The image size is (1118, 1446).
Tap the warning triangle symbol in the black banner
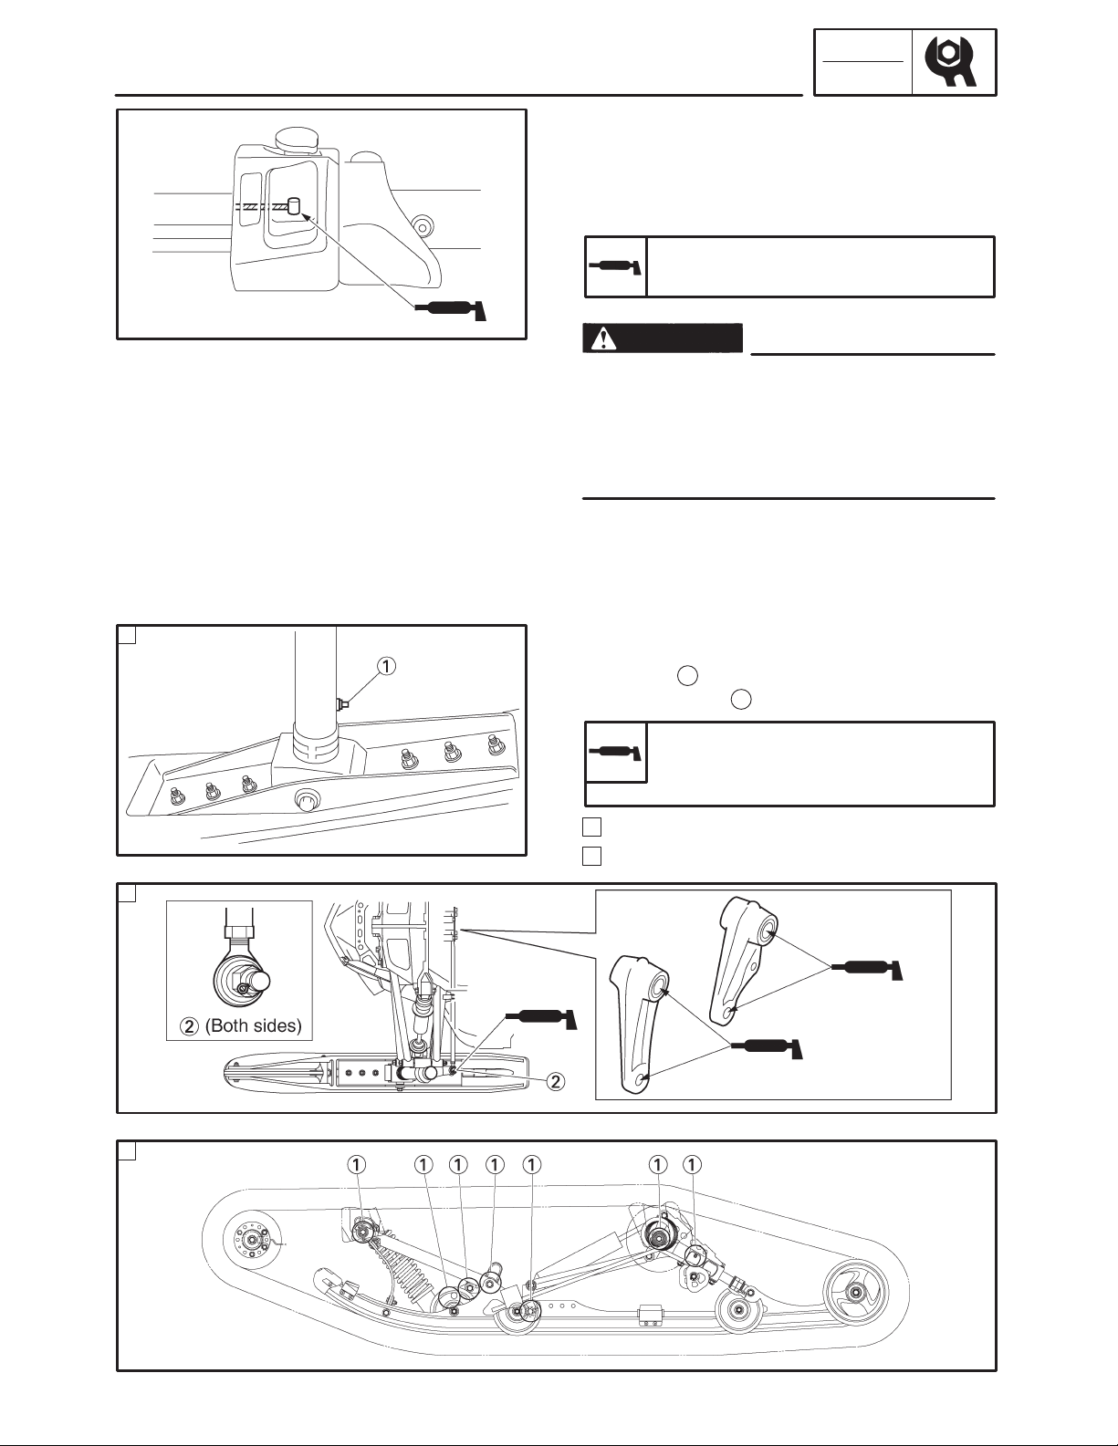coord(603,338)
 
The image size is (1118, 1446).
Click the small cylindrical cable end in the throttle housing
coord(295,205)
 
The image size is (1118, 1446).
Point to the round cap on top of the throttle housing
coord(298,139)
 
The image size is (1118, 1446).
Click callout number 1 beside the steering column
coord(386,665)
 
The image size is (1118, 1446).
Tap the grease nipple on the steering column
coord(341,704)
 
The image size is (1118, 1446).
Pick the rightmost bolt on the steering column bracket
coord(493,744)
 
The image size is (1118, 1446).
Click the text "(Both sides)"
coord(254,1025)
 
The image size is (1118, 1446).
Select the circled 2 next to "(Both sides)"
coord(190,1026)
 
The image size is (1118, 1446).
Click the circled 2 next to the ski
coord(557,1081)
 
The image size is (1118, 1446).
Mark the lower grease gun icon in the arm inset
coord(768,1047)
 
